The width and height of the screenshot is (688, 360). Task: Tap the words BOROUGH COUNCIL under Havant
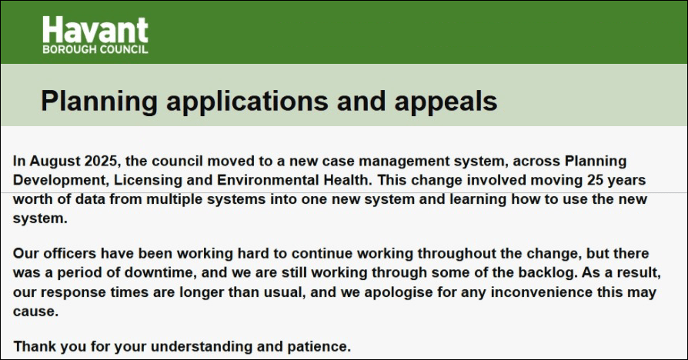(95, 49)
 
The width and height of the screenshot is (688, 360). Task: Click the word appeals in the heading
(446, 102)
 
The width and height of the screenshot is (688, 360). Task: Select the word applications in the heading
(247, 102)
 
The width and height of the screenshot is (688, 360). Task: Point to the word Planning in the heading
(99, 102)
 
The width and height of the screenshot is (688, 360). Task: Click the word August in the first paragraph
(55, 161)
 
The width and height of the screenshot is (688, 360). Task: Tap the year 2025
(101, 161)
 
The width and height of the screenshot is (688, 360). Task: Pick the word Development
(61, 180)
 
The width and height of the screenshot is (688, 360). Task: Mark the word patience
(319, 346)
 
